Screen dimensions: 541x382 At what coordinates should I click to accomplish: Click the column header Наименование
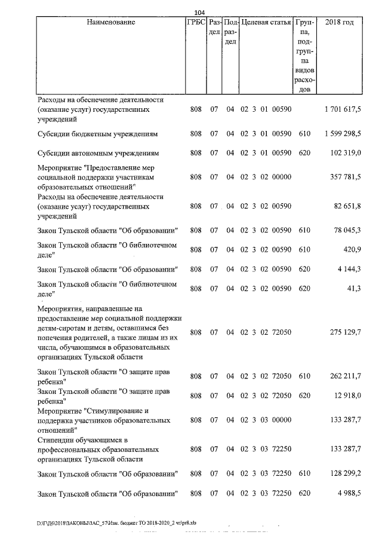pyautogui.click(x=111, y=23)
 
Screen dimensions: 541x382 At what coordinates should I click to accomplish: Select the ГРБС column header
pyautogui.click(x=195, y=23)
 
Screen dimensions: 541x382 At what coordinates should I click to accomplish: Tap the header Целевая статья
pyautogui.click(x=266, y=23)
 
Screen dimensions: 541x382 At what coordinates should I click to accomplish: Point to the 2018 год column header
pyautogui.click(x=338, y=23)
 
